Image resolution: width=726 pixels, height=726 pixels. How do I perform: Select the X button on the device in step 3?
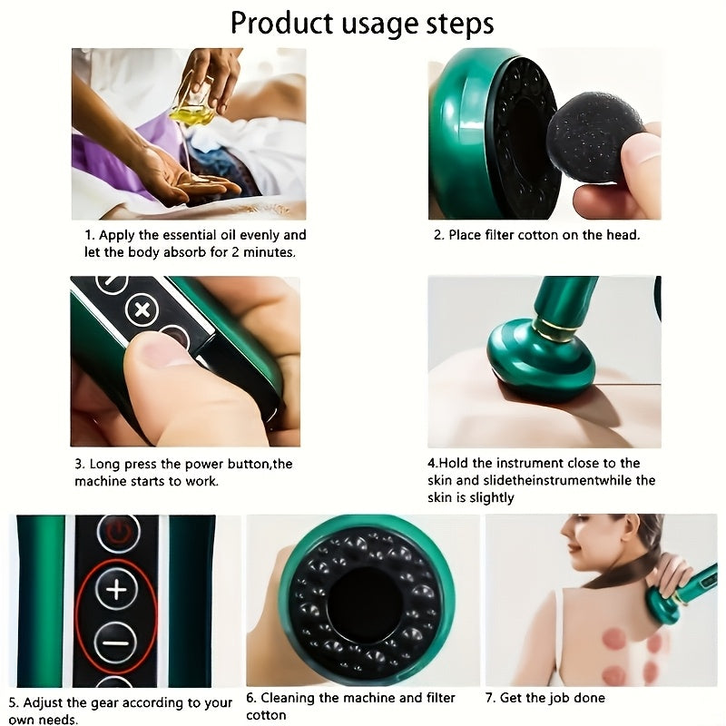[x=142, y=309]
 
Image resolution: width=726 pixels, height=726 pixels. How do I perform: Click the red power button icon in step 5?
[x=117, y=532]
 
